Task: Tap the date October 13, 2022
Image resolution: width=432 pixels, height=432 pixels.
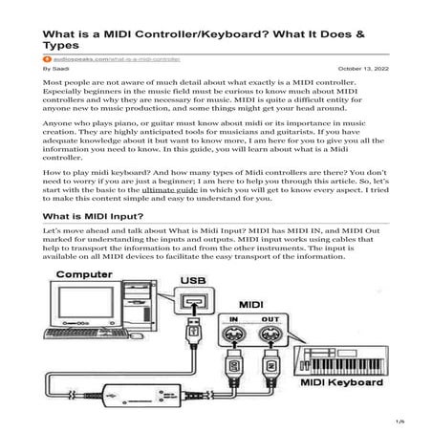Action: coord(362,69)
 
